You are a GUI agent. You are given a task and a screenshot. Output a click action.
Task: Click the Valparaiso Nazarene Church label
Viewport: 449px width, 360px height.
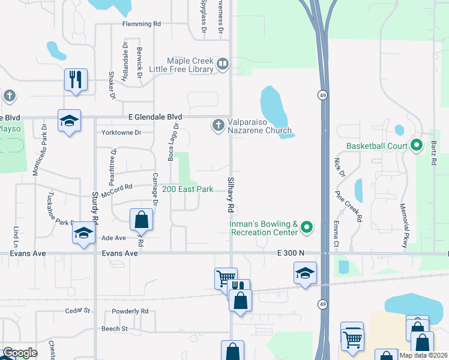[259, 125]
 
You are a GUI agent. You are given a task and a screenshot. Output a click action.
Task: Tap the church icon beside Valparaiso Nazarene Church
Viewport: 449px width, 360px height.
[217, 125]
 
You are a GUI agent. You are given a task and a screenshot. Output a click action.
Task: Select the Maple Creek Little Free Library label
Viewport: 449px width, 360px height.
[190, 65]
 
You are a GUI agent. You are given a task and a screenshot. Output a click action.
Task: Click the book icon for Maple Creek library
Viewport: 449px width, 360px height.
[223, 64]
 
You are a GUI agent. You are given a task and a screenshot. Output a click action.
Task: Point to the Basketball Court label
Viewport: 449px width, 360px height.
[377, 146]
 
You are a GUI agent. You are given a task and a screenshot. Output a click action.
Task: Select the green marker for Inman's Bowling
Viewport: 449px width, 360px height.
[307, 227]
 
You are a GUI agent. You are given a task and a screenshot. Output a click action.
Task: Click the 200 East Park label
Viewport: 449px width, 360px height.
[188, 189]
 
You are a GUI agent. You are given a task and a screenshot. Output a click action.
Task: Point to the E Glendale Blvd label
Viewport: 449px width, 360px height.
[146, 116]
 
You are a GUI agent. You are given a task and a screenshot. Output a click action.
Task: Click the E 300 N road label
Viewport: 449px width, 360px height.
[291, 253]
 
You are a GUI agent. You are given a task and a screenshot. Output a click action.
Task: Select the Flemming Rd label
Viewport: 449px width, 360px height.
[142, 24]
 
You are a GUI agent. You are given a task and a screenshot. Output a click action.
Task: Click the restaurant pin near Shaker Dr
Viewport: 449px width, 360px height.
[76, 79]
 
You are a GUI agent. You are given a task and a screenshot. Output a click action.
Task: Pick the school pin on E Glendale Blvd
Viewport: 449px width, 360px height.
[69, 120]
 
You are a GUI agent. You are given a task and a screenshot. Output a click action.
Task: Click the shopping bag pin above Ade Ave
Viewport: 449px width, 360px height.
[141, 219]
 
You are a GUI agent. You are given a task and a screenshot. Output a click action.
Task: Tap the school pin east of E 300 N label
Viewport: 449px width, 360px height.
[305, 273]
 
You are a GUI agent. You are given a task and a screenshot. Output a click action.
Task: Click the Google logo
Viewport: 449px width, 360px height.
[20, 353]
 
